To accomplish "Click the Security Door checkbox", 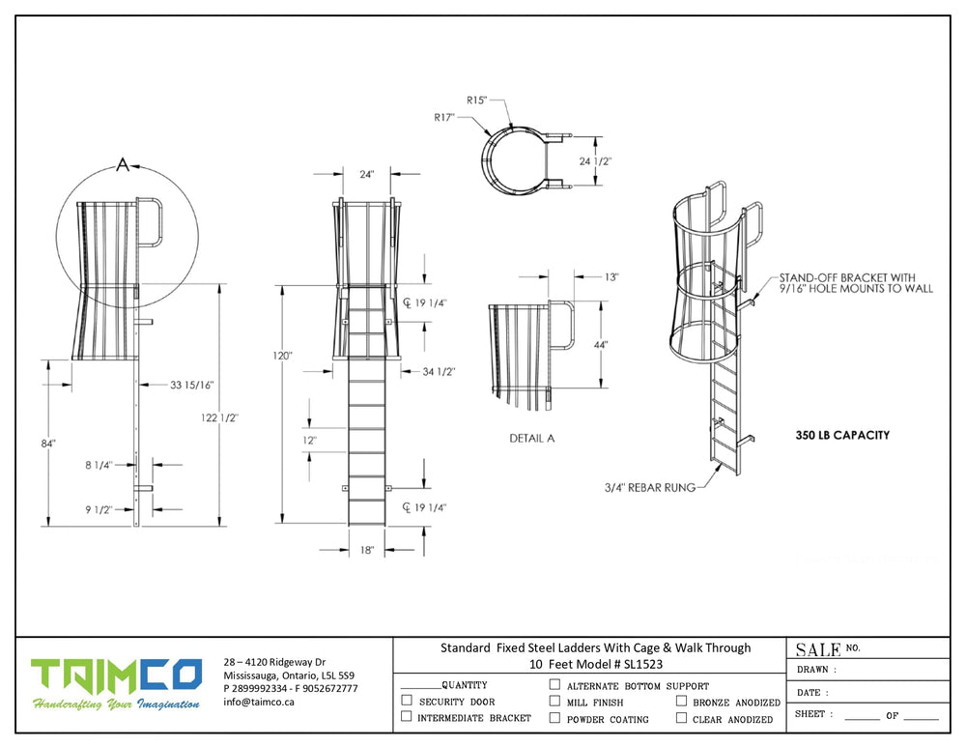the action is pos(407,701).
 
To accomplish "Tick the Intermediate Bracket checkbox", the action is pos(407,716).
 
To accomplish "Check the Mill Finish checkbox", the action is pos(555,701).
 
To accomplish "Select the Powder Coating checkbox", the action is pos(555,718).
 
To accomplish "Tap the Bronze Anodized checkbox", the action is pos(681,701).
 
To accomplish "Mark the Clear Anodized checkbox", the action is pos(681,718).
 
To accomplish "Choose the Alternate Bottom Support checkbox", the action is pos(555,684).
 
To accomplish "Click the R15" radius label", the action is pos(477,100).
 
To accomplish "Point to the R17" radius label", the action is pos(444,117).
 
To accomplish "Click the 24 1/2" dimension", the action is pos(594,161).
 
